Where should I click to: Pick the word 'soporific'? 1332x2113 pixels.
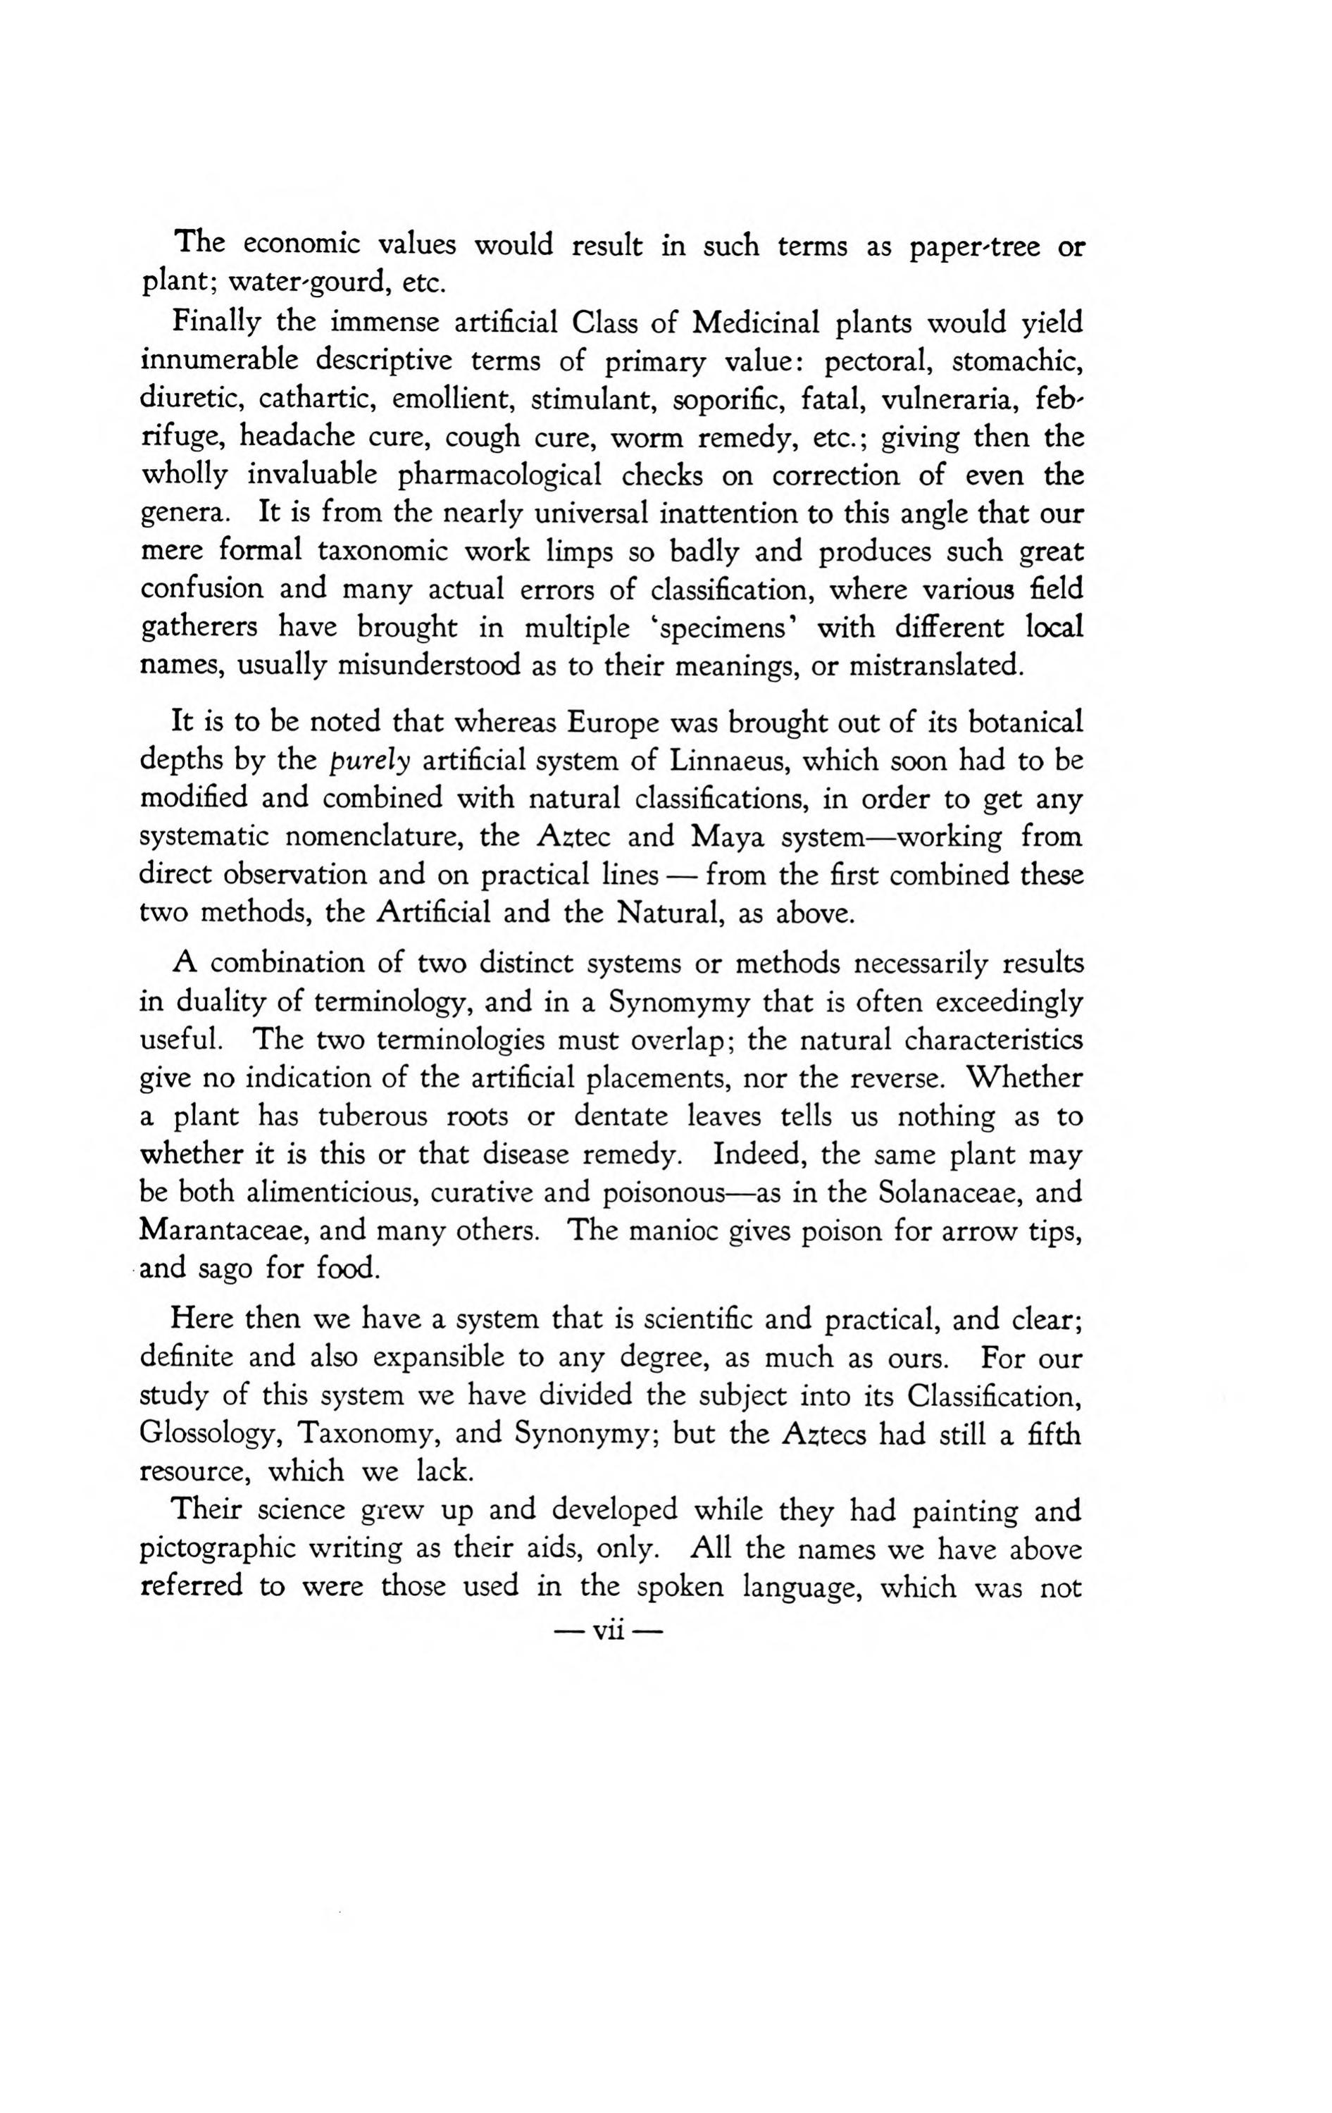tap(729, 399)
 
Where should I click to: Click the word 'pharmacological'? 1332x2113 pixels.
tap(500, 475)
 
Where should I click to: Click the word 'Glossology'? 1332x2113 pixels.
tap(210, 1434)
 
